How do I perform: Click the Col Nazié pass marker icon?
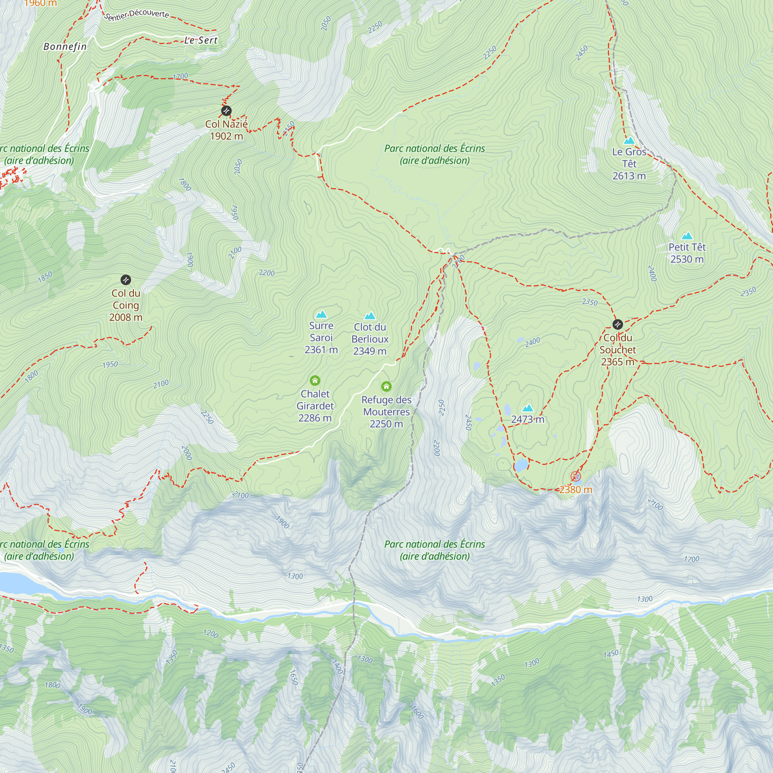click(x=226, y=111)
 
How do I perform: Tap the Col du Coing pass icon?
click(x=126, y=280)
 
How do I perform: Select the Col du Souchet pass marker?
click(x=617, y=324)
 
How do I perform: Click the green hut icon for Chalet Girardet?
click(x=315, y=380)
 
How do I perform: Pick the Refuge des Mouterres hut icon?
click(x=386, y=386)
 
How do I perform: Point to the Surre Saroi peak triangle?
click(x=321, y=315)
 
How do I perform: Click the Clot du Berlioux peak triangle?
click(x=370, y=316)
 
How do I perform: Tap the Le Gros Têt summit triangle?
click(x=629, y=140)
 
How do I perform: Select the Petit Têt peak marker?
click(x=687, y=236)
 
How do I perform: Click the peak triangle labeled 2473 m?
click(x=528, y=408)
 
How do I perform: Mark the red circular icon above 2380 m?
click(x=576, y=476)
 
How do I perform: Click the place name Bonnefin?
click(x=65, y=46)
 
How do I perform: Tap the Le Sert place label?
click(x=201, y=40)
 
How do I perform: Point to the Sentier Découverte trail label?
click(x=136, y=14)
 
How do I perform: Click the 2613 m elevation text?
click(x=629, y=175)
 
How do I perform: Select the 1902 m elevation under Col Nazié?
click(x=226, y=136)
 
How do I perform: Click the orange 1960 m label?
click(x=40, y=3)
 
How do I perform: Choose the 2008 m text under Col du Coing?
click(x=126, y=317)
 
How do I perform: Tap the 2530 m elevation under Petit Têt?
click(x=687, y=259)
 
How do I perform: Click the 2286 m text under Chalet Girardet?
click(x=315, y=418)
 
